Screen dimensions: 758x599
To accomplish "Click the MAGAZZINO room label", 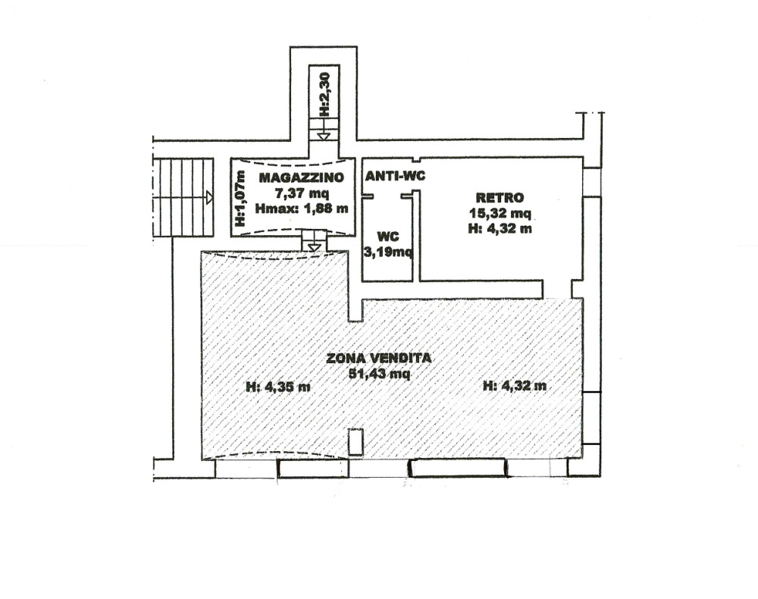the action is click(302, 177).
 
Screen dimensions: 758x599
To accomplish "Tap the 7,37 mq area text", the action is click(302, 193).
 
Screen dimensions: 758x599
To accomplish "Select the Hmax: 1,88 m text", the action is click(302, 209).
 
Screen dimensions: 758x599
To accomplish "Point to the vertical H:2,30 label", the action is click(325, 94).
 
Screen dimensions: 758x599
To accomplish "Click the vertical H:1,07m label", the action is click(240, 198).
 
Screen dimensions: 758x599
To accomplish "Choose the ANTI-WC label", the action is click(395, 176).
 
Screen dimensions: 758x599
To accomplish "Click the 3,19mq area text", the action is click(387, 252).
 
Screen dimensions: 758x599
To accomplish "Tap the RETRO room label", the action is click(500, 197).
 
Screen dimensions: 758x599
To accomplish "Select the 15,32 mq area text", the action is click(500, 213).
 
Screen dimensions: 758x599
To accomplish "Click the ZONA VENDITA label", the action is click(379, 358).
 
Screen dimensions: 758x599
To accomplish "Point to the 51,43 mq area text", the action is click(380, 374).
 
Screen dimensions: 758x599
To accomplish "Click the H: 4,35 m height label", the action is click(278, 386).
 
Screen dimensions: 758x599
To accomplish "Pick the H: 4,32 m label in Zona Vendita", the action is click(515, 385).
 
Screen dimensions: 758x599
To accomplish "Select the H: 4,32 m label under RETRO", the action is click(500, 228).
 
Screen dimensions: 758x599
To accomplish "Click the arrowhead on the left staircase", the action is click(209, 197).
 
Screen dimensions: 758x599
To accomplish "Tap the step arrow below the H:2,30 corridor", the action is click(324, 136).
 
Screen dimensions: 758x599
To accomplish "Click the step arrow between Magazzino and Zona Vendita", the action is click(315, 248).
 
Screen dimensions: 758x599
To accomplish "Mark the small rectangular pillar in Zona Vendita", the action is click(356, 442).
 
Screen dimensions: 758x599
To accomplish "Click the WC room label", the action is click(387, 237).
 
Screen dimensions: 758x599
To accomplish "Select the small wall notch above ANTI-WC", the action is click(416, 159).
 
